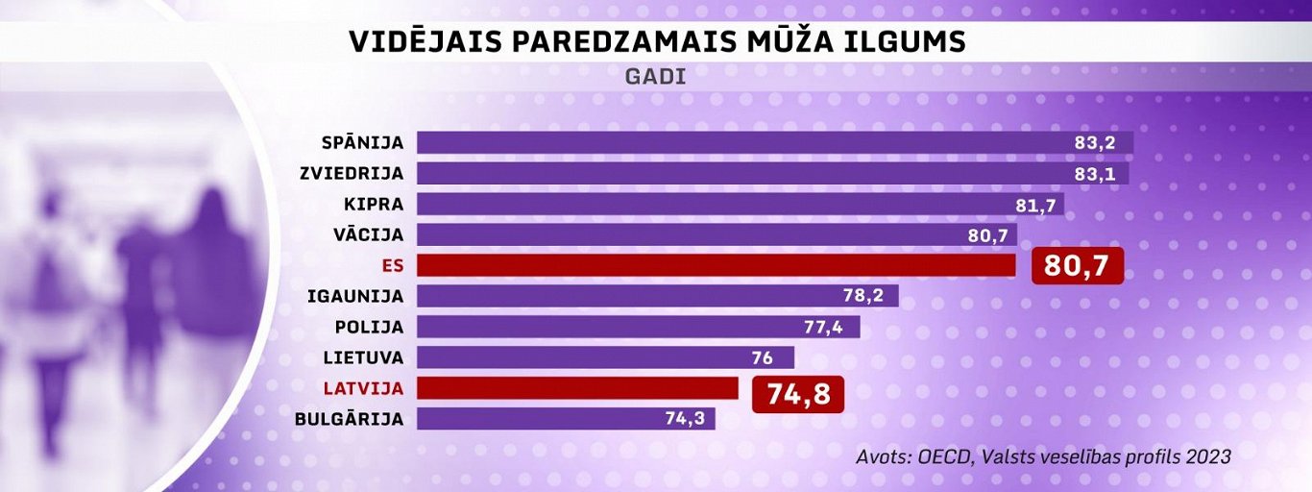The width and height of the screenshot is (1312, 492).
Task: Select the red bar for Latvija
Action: click(576, 388)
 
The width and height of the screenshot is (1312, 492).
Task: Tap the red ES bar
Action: click(716, 265)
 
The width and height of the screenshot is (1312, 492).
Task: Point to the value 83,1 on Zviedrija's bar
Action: click(1095, 174)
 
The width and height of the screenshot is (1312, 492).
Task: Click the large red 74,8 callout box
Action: click(798, 394)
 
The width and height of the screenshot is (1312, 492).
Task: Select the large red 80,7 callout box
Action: click(1077, 265)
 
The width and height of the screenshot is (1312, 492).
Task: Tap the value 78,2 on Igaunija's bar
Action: click(864, 296)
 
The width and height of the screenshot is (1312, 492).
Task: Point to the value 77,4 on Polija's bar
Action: click(823, 327)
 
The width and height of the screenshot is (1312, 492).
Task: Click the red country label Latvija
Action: click(363, 388)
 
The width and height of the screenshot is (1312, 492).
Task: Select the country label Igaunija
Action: click(355, 296)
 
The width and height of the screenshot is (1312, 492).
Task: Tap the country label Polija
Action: click(369, 327)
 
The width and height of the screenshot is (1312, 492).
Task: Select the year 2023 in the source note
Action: click(1208, 456)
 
